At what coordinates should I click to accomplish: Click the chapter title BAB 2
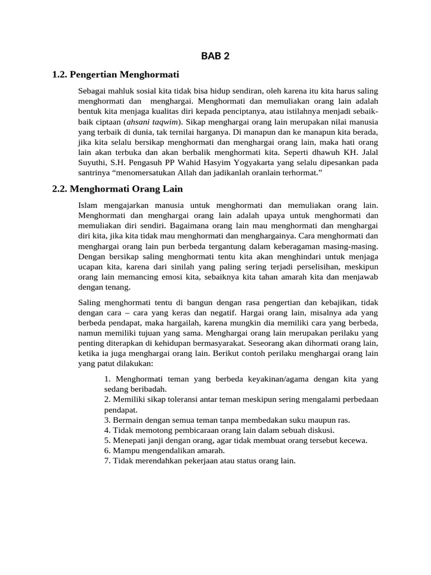[215, 56]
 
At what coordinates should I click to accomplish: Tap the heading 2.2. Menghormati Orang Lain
[117, 189]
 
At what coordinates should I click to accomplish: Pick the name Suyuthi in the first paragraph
[93, 162]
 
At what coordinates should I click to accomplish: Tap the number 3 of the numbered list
[107, 420]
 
